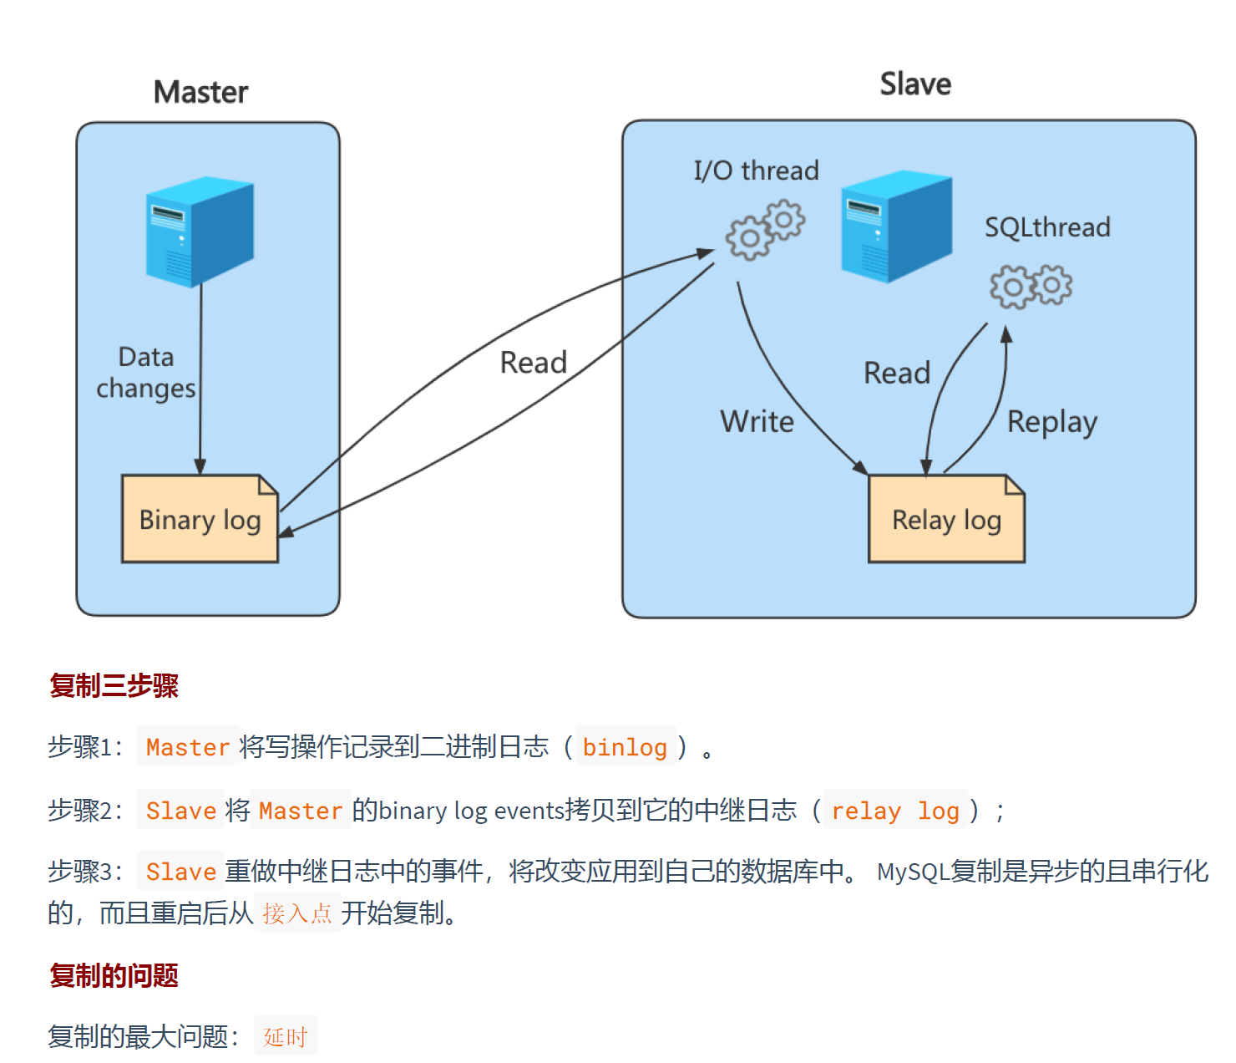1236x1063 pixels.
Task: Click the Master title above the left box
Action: (x=200, y=92)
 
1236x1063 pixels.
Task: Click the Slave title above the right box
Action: (x=915, y=84)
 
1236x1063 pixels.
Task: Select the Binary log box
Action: (x=200, y=520)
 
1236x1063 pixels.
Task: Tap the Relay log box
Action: (x=946, y=520)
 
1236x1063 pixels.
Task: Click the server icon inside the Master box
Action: (x=200, y=231)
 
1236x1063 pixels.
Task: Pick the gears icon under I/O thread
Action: (x=765, y=230)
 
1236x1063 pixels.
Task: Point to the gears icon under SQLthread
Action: (x=1031, y=287)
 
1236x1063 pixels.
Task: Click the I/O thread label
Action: (x=756, y=170)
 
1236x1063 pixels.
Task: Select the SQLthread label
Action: (x=1047, y=227)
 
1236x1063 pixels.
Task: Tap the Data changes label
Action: (x=146, y=373)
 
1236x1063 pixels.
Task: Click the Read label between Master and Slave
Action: (x=533, y=363)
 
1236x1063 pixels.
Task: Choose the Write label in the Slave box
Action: (x=757, y=421)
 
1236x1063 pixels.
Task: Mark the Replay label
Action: (x=1051, y=423)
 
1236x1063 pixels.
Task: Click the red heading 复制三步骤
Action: (x=114, y=686)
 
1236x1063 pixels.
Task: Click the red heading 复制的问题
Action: (x=114, y=975)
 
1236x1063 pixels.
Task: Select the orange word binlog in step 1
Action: (x=625, y=747)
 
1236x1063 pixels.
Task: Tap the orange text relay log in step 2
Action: (x=895, y=811)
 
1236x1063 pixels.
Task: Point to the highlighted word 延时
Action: (x=286, y=1037)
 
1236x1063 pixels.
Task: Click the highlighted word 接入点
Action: (x=297, y=913)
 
